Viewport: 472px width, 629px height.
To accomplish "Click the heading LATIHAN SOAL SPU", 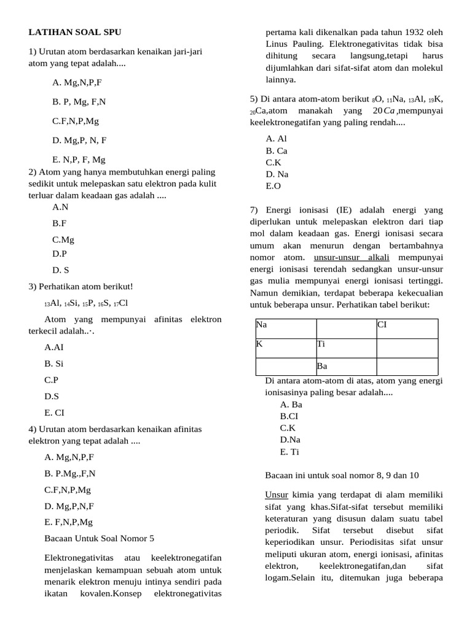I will [79, 32].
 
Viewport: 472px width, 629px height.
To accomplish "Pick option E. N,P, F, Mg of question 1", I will [79, 160].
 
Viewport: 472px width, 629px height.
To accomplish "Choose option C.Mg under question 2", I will [63, 240].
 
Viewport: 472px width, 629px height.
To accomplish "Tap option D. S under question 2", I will [61, 269].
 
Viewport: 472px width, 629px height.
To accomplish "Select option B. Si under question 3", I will [54, 364].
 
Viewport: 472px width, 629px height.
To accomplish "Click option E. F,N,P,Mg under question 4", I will [69, 522].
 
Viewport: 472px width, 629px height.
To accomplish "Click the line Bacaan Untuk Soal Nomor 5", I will [100, 538].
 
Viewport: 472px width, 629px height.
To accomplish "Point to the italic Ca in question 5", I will [388, 111].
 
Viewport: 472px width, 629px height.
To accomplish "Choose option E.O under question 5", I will [273, 186].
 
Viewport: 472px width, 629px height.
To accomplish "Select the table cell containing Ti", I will [345, 348].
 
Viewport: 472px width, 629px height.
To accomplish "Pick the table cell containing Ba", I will [345, 367].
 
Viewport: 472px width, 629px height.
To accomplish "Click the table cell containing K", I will [285, 348].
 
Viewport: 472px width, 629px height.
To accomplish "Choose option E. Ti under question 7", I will [289, 451].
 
